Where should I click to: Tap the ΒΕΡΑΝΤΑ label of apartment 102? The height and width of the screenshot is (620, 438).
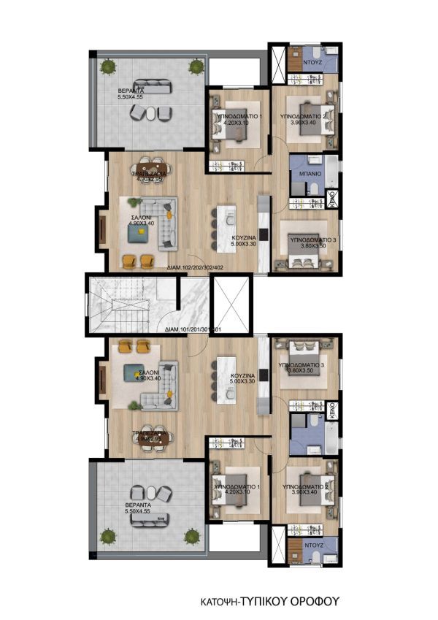pyautogui.click(x=133, y=91)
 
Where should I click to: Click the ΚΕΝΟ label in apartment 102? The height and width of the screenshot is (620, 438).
pyautogui.click(x=331, y=198)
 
